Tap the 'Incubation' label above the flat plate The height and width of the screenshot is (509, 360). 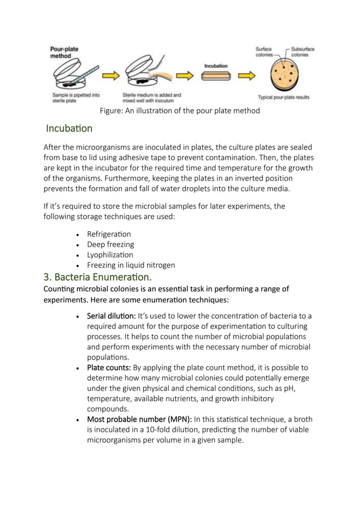tap(216, 66)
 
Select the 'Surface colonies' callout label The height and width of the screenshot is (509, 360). tap(264, 52)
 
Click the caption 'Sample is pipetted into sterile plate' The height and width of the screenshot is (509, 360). tap(75, 98)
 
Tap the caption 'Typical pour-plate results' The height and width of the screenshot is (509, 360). tap(283, 97)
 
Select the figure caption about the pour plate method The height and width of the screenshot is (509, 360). tap(179, 111)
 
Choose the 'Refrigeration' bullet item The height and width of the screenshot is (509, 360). tap(109, 234)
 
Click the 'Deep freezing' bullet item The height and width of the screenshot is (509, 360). tap(110, 244)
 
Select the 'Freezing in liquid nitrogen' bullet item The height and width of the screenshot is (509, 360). tap(130, 265)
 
